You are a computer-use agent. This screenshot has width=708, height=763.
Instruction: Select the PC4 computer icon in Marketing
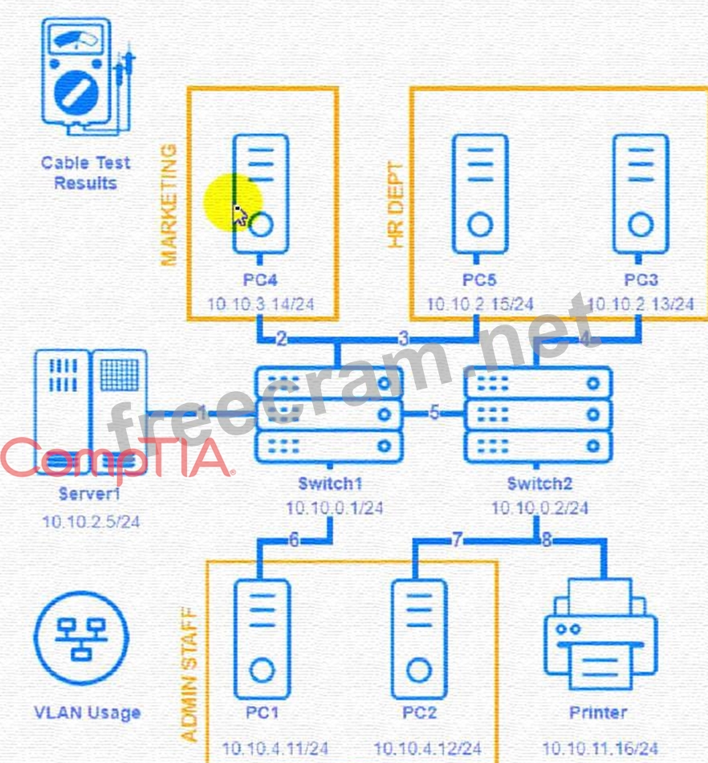coord(261,193)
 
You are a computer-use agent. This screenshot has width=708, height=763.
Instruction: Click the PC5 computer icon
coord(479,193)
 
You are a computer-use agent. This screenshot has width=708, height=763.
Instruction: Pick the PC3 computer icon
coord(640,193)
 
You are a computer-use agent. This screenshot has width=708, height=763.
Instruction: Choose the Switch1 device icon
coord(329,414)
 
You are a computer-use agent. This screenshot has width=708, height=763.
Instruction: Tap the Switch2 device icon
coord(538,414)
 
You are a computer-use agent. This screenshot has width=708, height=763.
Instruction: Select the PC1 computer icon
coord(262,639)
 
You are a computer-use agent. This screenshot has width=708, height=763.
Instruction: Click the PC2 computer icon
coord(418,639)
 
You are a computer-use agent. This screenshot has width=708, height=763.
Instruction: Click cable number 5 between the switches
coord(434,414)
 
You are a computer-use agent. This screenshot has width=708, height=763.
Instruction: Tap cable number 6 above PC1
coord(294,541)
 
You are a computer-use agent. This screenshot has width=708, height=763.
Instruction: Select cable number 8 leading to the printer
coord(547,541)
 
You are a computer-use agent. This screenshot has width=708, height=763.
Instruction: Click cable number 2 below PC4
coord(281,339)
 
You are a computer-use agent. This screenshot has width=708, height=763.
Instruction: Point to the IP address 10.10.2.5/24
coord(91,522)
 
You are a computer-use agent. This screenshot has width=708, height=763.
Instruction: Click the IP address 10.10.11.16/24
coord(600,749)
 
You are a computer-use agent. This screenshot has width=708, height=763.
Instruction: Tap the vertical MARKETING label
coord(169,206)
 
